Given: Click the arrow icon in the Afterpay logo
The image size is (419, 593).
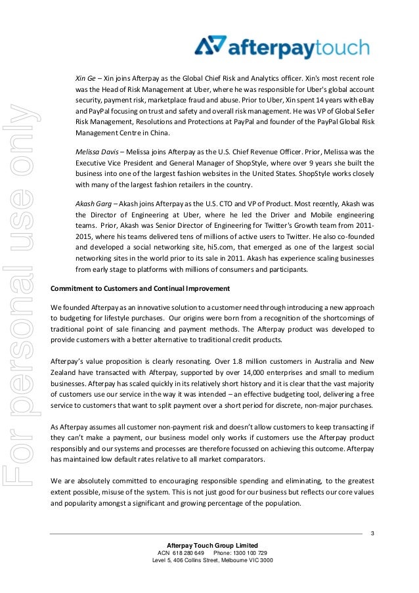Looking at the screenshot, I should point(211,47).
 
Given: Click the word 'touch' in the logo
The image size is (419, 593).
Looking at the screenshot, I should point(336,49).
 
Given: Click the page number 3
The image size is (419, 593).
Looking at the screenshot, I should point(372,532).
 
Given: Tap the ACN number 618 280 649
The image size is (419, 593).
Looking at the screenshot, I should point(190,553).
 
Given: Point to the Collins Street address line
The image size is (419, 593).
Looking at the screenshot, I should point(213,560).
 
